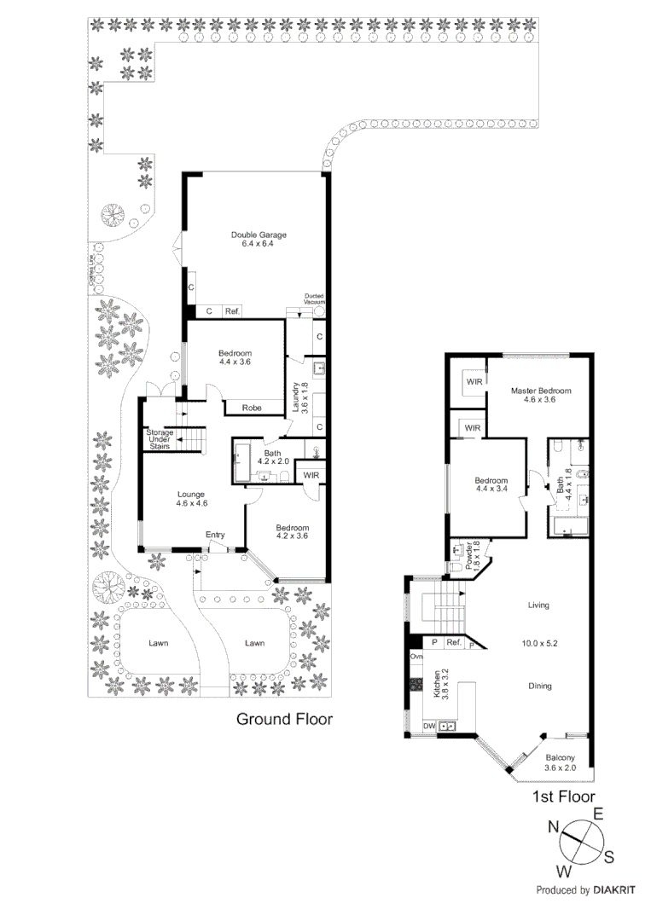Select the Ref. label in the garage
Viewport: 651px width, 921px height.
click(232, 312)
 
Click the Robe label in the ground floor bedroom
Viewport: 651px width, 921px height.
click(252, 408)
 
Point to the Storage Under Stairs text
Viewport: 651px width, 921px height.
click(160, 439)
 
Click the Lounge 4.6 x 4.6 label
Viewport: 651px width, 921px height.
click(192, 499)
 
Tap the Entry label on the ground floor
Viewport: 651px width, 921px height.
click(215, 535)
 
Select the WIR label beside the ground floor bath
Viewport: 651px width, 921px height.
click(311, 475)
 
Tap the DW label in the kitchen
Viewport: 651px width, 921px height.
click(430, 726)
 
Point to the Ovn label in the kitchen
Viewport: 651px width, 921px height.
click(416, 657)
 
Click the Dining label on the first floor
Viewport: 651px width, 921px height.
click(539, 686)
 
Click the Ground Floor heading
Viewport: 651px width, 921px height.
click(284, 719)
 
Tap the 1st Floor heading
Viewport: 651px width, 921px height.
click(563, 797)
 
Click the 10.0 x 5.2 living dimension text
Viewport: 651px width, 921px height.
click(539, 643)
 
